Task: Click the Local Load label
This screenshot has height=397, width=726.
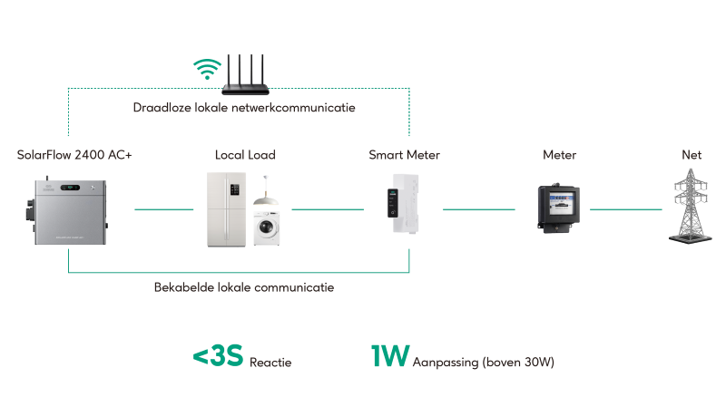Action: (245, 155)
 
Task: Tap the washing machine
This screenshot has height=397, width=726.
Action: (266, 230)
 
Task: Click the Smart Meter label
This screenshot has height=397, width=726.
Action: (404, 155)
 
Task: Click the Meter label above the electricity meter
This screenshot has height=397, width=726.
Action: (559, 155)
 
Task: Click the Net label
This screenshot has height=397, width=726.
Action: (692, 155)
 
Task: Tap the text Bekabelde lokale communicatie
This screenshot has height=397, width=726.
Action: (244, 287)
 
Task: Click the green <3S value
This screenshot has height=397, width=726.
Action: (218, 357)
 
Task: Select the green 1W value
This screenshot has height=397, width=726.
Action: (389, 357)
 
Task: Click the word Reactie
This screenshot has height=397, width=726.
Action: (270, 362)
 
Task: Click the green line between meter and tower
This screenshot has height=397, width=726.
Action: (626, 209)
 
